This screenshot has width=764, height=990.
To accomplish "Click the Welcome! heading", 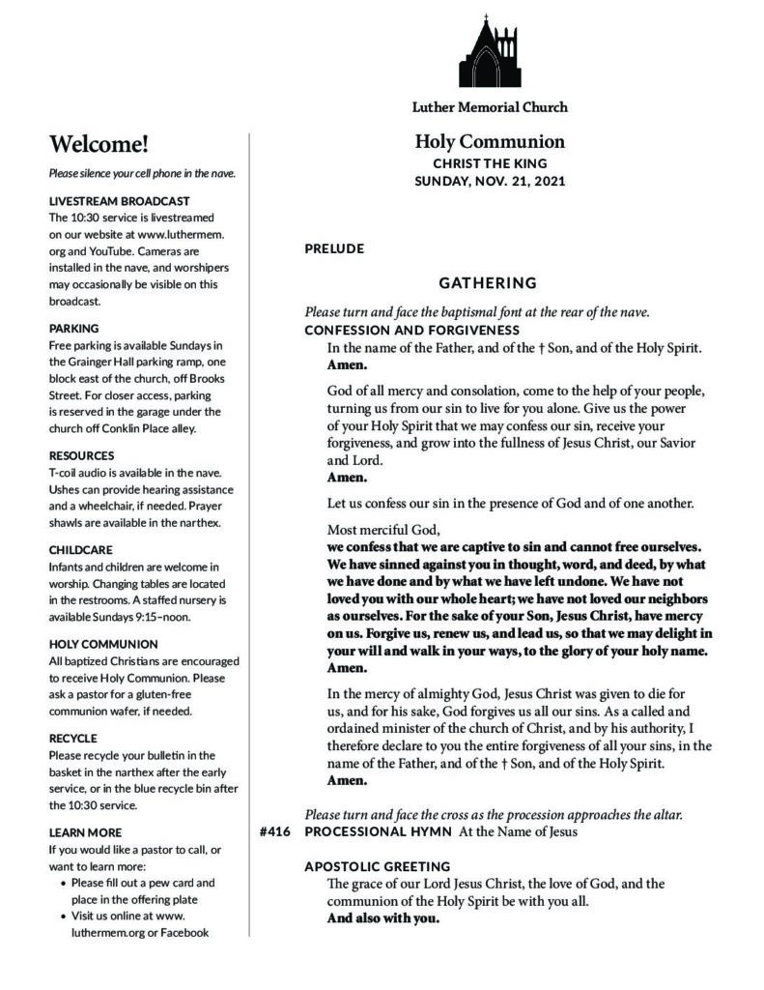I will (x=99, y=145).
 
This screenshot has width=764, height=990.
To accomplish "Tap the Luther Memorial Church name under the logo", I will (x=490, y=107).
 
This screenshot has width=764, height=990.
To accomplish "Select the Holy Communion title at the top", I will (x=490, y=142).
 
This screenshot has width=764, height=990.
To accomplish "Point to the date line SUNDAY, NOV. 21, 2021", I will (x=490, y=181).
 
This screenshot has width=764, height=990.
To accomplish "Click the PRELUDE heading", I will (x=334, y=248).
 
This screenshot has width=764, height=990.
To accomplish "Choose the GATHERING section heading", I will (x=488, y=283).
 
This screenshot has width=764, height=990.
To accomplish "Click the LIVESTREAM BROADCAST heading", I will (x=106, y=201).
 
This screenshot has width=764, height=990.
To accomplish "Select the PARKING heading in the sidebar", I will (x=73, y=328).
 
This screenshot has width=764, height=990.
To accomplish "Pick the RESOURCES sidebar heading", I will (x=81, y=454).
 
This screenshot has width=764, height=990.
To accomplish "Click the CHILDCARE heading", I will (x=81, y=548).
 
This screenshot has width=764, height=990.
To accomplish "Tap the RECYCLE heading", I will (x=72, y=738).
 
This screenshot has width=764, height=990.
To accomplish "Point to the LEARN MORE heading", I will (x=85, y=831).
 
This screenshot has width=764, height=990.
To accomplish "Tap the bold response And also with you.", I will (x=383, y=918).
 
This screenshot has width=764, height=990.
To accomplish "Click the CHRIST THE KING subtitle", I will (x=490, y=163).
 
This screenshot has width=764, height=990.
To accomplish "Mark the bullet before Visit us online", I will (x=64, y=915).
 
